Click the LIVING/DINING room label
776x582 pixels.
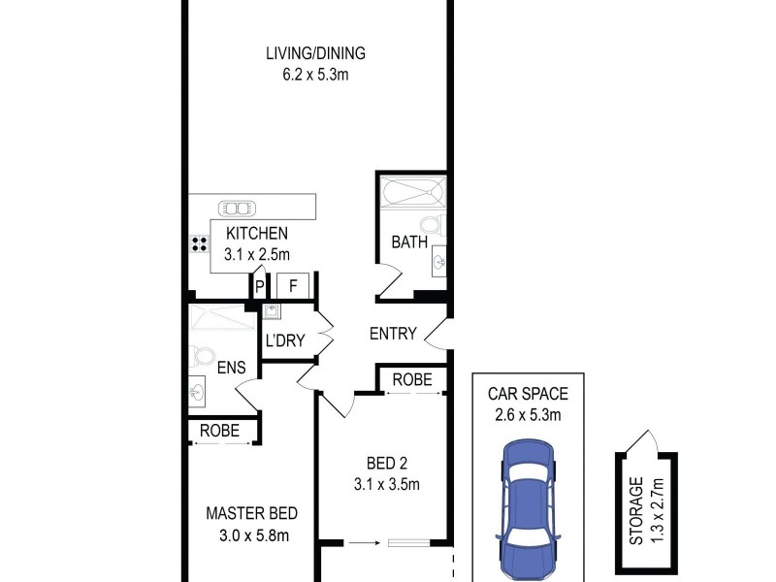(316, 53)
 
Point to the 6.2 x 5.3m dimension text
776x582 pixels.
(316, 73)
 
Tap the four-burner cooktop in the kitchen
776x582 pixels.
(201, 243)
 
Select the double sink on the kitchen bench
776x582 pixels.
(236, 207)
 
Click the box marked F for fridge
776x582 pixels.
(293, 285)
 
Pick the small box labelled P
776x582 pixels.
(259, 285)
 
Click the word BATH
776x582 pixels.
(409, 242)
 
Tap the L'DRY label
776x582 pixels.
(285, 341)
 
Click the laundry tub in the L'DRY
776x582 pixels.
(272, 312)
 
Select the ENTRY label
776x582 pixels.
(393, 334)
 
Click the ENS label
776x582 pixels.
(231, 368)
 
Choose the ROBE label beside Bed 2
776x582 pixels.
(413, 380)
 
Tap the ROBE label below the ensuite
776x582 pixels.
(220, 431)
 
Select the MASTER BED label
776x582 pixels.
(251, 513)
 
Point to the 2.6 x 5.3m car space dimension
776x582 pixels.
(528, 414)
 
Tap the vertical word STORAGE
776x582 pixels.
(636, 510)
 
